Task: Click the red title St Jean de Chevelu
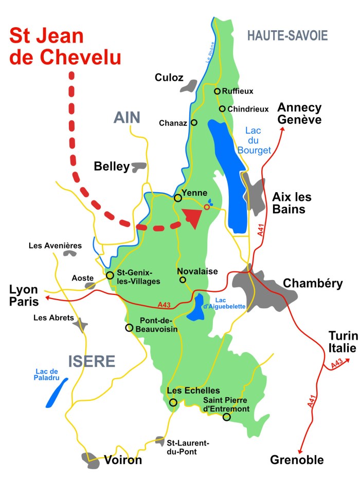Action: (x=66, y=47)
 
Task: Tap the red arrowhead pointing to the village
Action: (x=192, y=217)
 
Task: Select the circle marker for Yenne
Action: (x=177, y=198)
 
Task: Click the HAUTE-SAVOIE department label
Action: (x=287, y=35)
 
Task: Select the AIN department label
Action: (x=127, y=118)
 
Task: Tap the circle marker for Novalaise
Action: (x=183, y=280)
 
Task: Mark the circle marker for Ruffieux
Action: (x=217, y=91)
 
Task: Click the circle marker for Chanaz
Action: (x=194, y=122)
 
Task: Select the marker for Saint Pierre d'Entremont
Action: (x=226, y=417)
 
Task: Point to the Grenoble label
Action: (x=297, y=459)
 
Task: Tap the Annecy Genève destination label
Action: (x=299, y=114)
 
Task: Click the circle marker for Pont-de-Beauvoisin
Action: (x=129, y=327)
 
